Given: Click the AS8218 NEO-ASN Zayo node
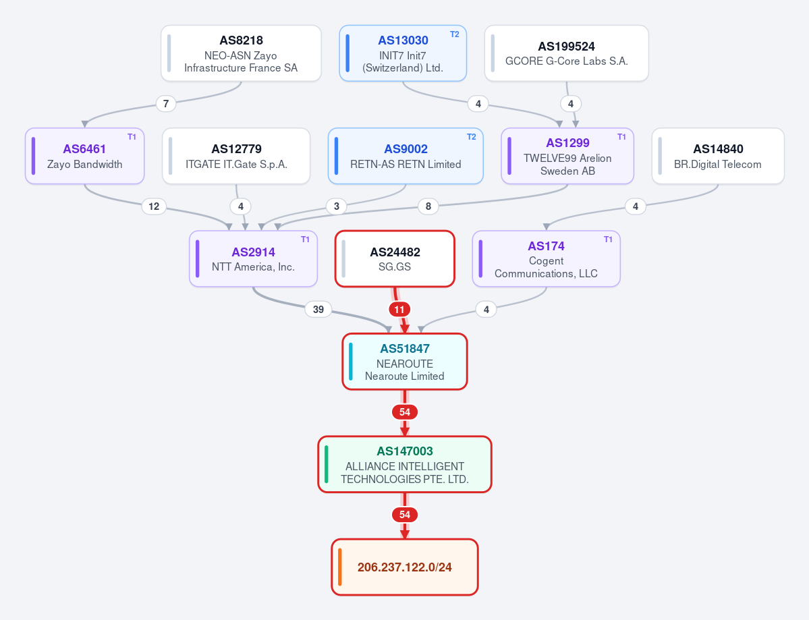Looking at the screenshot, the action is click(x=241, y=53).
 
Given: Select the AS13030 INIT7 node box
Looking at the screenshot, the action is click(x=403, y=53).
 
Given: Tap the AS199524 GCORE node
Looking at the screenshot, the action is click(x=567, y=53).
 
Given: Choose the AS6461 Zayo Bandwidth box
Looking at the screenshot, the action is click(x=84, y=156).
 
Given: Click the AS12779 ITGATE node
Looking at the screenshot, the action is click(x=236, y=156).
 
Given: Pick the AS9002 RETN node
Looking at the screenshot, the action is click(x=406, y=156).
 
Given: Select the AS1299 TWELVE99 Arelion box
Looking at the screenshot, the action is click(x=567, y=156).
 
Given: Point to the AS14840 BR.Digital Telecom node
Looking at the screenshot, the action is click(x=718, y=156).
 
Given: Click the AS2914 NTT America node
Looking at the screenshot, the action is click(x=253, y=258).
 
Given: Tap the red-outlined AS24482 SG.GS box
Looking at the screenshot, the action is click(x=395, y=258).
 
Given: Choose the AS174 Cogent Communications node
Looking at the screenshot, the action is click(x=547, y=258).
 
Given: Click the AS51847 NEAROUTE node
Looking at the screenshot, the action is click(x=405, y=361).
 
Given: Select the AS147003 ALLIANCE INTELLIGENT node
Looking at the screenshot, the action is click(x=405, y=464).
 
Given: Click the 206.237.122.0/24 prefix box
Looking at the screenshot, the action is click(x=405, y=567).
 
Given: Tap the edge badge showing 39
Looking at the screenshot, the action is click(x=318, y=310).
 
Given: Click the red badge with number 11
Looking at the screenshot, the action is click(x=399, y=310).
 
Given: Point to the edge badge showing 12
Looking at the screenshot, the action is click(x=154, y=206).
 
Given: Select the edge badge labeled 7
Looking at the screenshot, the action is click(x=165, y=104).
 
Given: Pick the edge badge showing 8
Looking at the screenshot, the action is click(x=428, y=206).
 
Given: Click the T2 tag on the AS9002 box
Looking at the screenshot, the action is click(x=472, y=137).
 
